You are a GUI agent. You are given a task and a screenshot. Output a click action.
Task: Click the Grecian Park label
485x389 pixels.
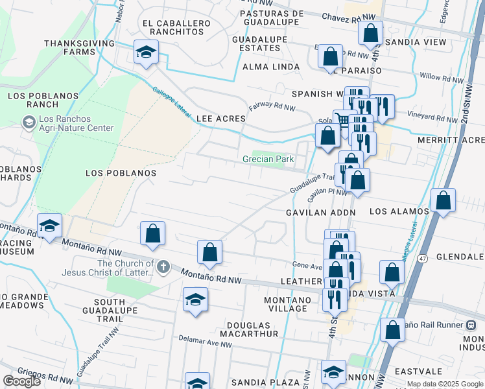coord(268,159)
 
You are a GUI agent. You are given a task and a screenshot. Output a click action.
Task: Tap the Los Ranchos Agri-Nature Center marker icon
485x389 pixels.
coord(29,122)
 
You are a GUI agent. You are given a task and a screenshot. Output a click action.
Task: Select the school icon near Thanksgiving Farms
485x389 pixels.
coord(147,51)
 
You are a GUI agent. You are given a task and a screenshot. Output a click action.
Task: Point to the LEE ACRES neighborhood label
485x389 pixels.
coord(221,119)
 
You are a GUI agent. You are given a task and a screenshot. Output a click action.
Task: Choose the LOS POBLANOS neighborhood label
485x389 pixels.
coord(121,173)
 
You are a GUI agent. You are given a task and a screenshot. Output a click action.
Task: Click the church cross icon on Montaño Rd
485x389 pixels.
coord(162,265)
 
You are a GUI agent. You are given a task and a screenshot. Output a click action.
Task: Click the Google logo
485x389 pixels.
coord(21,381)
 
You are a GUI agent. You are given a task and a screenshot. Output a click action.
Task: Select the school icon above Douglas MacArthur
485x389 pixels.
coord(195,299)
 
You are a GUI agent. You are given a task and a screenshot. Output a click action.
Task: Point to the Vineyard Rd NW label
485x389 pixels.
coord(433,119)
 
